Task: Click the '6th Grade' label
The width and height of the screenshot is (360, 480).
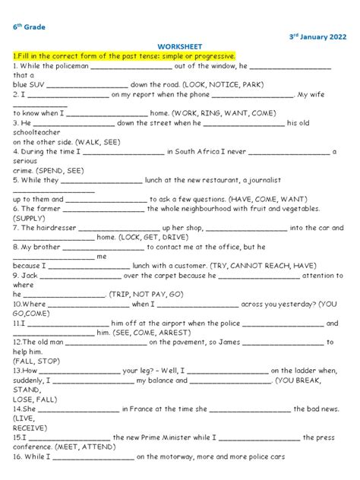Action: [x=29, y=27]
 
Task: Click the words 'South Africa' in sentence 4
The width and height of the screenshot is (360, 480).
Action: [x=204, y=151]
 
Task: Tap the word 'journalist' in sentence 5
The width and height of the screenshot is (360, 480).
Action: [x=263, y=180]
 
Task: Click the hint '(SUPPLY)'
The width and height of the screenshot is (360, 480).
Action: [x=30, y=218]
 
